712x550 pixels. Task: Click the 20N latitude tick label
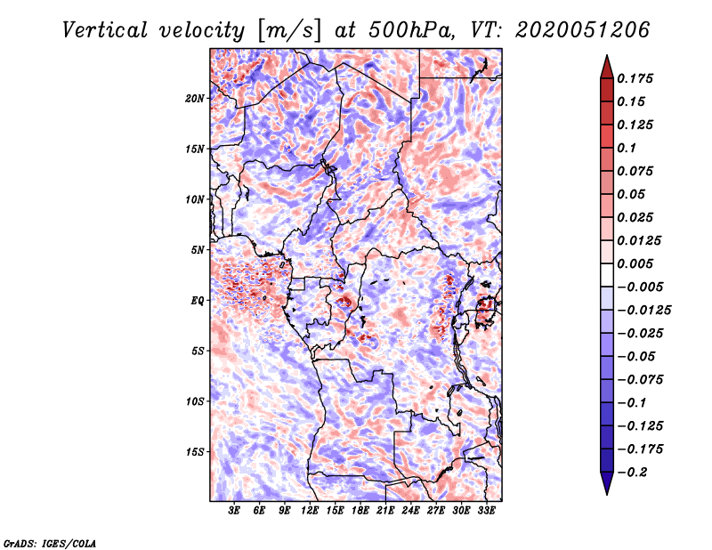coord(195,98)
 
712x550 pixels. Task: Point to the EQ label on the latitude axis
coord(197,301)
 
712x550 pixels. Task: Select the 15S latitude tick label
coord(195,452)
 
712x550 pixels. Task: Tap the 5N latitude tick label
coord(198,250)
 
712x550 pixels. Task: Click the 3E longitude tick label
coord(235,511)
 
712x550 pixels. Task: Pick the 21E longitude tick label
coord(385,511)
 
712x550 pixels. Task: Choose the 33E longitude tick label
coord(486,511)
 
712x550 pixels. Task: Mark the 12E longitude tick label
coord(310,511)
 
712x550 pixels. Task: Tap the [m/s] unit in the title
coord(283,30)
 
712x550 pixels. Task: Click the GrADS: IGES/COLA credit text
coord(49,542)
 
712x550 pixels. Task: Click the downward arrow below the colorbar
coord(606,485)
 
